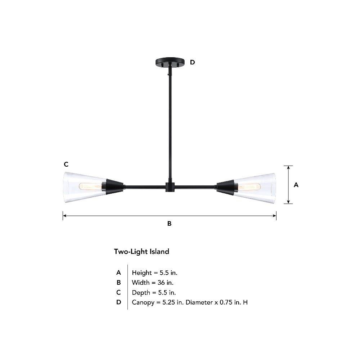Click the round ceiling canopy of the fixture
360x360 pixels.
tap(170, 62)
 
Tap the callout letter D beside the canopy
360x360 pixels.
tap(192, 62)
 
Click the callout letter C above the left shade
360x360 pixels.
tap(66, 165)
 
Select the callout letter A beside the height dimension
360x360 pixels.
tap(296, 185)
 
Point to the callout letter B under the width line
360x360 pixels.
tap(170, 224)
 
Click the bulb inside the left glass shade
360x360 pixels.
tap(91, 186)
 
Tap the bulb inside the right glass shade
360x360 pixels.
tap(249, 186)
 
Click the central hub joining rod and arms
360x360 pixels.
tap(170, 187)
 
